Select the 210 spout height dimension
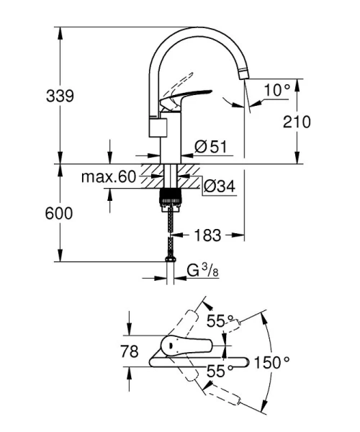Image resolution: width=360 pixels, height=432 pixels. tap(297, 122)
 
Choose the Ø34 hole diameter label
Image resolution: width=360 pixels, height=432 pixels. tap(220, 186)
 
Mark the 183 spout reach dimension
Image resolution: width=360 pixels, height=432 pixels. tap(207, 235)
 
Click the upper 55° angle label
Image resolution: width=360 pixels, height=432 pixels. tap(221, 320)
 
